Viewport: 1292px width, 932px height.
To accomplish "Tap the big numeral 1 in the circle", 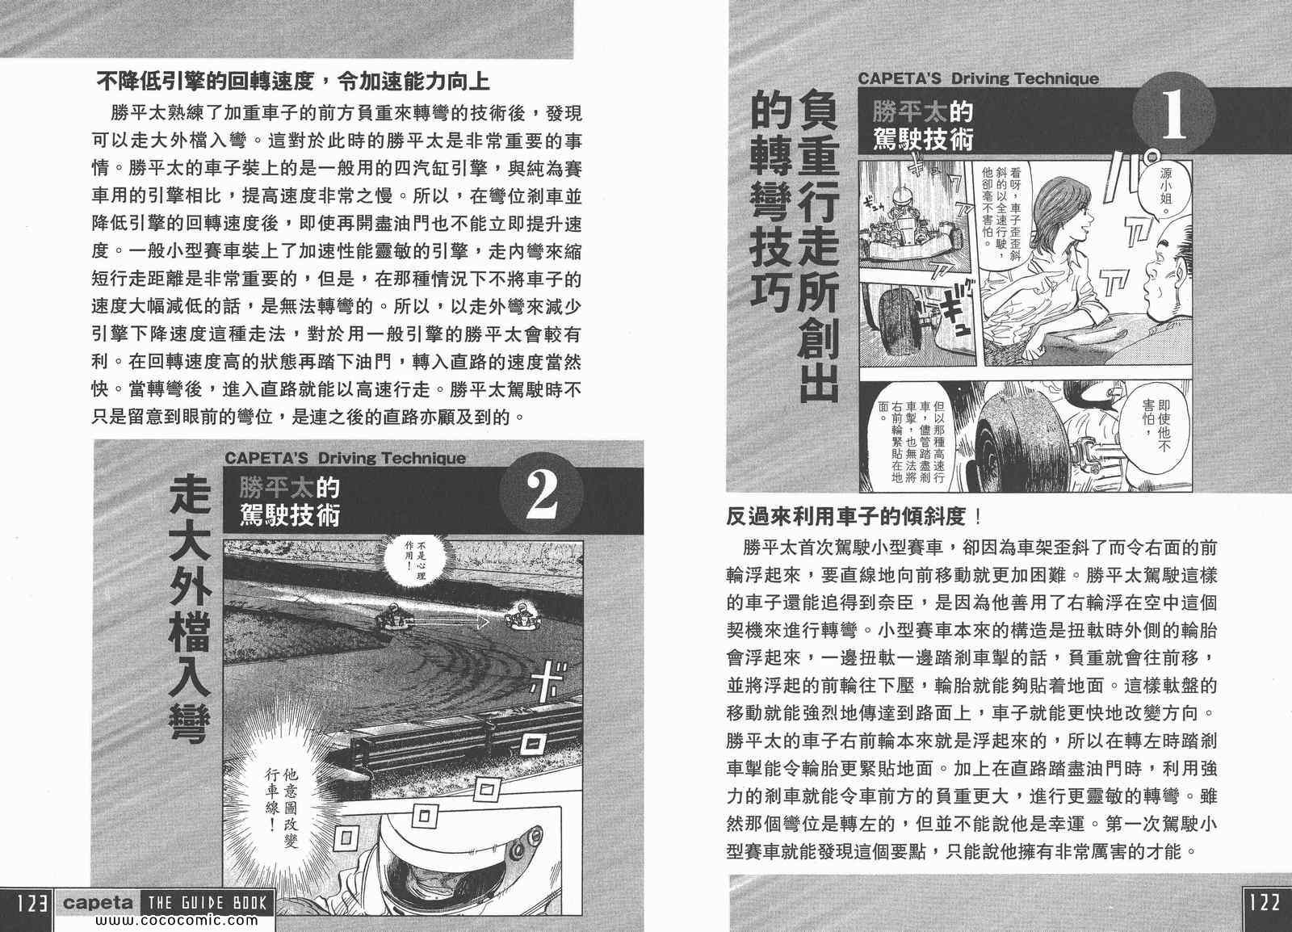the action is (1174, 116).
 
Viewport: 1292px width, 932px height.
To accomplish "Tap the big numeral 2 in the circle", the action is (541, 495).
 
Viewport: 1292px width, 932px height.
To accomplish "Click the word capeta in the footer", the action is (98, 903).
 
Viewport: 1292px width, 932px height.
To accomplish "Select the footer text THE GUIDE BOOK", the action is (207, 903).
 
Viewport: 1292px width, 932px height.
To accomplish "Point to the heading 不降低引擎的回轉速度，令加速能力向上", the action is (293, 82).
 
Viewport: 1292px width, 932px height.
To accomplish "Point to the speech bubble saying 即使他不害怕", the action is (1156, 426).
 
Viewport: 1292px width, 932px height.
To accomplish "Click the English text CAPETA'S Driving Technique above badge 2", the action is (345, 459).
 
